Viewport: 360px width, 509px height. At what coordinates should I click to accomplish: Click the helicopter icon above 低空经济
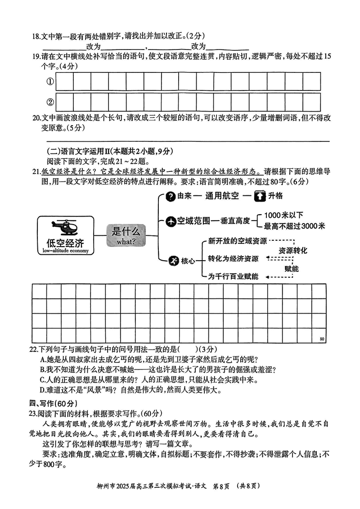point(63,227)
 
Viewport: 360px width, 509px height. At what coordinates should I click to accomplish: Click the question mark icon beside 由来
point(171,196)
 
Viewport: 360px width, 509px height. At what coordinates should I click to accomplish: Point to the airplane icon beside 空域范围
point(171,221)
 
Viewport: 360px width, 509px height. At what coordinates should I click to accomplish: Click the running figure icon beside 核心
point(173,261)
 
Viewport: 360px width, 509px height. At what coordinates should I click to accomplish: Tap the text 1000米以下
point(283,215)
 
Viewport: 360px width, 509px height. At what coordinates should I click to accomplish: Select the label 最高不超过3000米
point(294,226)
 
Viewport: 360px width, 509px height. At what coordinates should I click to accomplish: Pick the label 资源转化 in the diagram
point(293,250)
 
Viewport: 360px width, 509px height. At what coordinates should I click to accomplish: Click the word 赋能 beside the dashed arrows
point(291,268)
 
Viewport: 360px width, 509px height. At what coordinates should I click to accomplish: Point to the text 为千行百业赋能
point(233,277)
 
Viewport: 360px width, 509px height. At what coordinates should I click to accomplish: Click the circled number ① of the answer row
point(50,81)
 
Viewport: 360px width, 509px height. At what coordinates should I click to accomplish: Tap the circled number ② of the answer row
point(50,102)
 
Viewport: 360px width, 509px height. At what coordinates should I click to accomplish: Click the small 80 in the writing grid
point(321,338)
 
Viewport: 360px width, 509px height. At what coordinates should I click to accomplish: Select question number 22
point(32,349)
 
